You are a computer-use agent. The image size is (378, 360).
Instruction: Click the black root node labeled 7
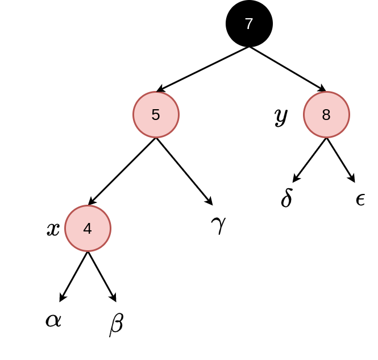click(249, 24)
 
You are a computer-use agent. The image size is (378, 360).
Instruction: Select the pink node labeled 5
click(156, 114)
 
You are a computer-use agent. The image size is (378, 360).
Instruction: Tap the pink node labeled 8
click(326, 114)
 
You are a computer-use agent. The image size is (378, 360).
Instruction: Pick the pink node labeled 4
click(88, 229)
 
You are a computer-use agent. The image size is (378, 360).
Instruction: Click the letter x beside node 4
click(53, 229)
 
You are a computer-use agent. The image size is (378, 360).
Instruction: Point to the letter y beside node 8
click(281, 117)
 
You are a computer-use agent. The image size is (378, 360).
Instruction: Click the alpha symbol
click(53, 321)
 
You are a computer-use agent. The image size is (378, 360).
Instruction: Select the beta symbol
click(117, 325)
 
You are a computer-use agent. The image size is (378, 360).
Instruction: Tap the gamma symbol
click(218, 225)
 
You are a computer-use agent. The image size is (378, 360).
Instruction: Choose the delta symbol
click(286, 198)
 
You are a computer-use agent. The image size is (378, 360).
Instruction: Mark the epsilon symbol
click(360, 200)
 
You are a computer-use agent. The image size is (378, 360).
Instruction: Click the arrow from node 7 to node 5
click(203, 69)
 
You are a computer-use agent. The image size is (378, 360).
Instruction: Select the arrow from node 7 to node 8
click(288, 69)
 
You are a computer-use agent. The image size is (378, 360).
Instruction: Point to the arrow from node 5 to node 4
click(122, 171)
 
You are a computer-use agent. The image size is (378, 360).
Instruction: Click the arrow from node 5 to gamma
click(184, 171)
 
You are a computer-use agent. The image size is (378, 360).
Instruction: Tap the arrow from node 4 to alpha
click(73, 276)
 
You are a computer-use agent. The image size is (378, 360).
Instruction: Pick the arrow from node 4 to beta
click(102, 276)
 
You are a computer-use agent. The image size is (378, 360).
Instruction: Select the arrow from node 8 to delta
click(310, 160)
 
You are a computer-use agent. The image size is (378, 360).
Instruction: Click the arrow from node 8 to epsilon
click(340, 160)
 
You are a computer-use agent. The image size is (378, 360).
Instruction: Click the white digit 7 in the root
click(249, 24)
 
